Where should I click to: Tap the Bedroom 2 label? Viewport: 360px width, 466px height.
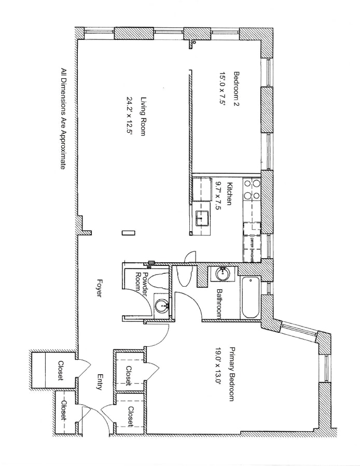[237, 89]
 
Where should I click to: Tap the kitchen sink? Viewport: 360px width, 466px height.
[202, 219]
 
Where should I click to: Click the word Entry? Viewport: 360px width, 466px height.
[98, 383]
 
